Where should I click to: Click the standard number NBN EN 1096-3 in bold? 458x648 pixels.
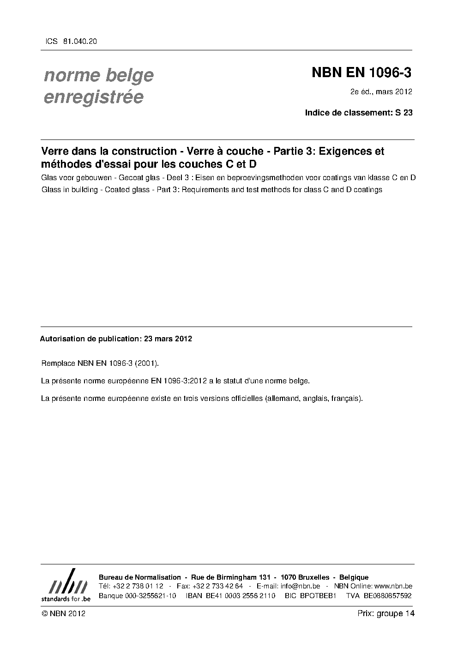(362, 73)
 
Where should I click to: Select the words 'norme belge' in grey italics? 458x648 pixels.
(99, 75)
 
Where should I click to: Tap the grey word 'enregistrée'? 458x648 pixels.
(93, 97)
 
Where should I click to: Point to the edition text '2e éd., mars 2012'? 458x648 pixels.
(381, 91)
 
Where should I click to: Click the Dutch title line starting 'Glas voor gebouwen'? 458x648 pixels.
(228, 178)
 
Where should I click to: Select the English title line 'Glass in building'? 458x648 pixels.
(211, 189)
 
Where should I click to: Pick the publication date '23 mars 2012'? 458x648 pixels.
(168, 339)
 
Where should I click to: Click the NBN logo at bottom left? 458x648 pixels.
(66, 585)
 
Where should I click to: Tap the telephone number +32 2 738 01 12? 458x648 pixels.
(138, 586)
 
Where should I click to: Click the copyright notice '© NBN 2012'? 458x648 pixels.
(63, 613)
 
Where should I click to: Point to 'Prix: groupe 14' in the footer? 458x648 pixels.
(386, 613)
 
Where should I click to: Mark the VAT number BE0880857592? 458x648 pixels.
(387, 596)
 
